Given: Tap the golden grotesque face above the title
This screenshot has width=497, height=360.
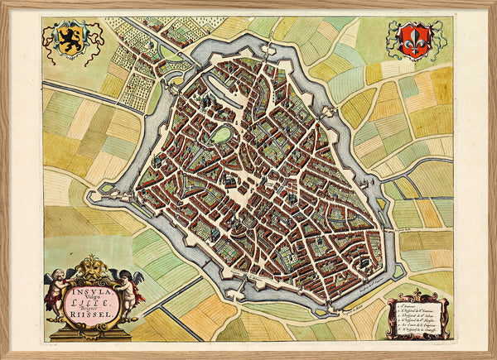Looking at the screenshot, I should click(92, 269).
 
